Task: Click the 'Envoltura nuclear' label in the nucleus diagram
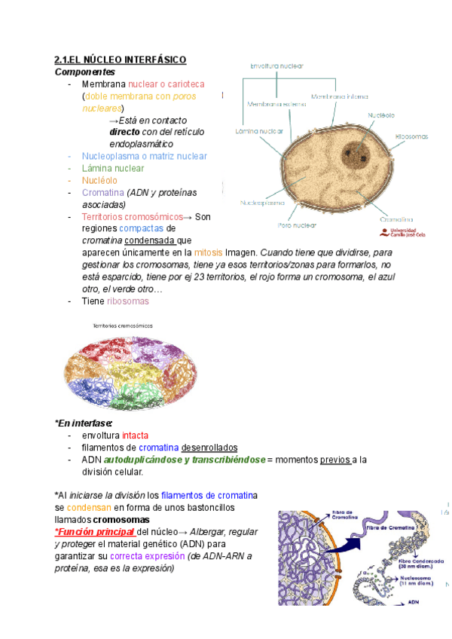pos(276,66)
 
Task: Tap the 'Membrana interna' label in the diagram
pos(339,97)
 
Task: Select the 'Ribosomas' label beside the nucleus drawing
pos(411,136)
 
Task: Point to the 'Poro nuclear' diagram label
pos(297,225)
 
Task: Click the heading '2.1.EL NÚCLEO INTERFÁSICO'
pos(120,60)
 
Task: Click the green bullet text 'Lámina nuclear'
pos(113,168)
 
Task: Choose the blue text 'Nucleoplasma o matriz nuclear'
pos(144,156)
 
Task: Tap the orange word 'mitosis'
pos(208,253)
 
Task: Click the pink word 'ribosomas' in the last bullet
pos(128,301)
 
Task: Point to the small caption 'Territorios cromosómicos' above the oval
pos(122,326)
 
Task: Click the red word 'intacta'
pos(135,436)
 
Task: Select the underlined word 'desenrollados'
pos(209,448)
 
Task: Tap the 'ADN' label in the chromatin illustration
pos(413,602)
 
